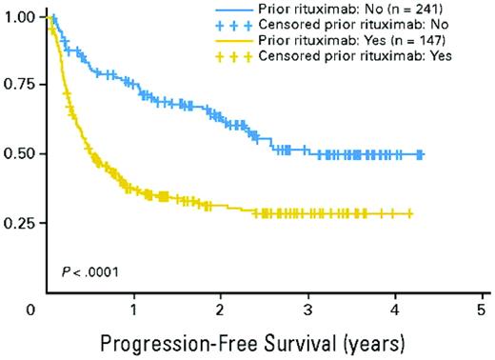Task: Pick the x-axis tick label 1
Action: click(134, 310)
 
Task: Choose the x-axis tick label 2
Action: click(221, 310)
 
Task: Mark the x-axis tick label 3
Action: click(307, 310)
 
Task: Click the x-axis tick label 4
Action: click(394, 310)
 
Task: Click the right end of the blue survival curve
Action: click(423, 154)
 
